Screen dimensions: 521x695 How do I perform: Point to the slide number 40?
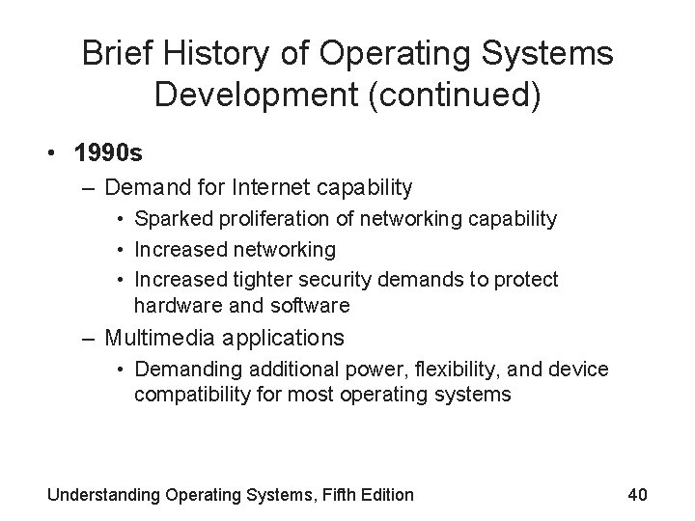coord(636,494)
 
